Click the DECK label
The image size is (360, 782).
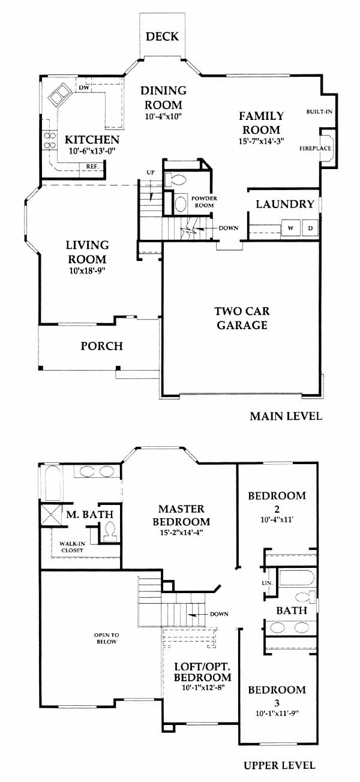tap(162, 37)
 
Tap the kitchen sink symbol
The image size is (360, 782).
tap(59, 94)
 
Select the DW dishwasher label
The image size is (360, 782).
tap(84, 88)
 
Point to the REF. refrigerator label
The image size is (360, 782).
tap(92, 167)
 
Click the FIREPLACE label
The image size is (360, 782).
tap(315, 148)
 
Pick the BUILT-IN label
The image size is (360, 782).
tap(319, 112)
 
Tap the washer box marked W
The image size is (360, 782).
tap(291, 228)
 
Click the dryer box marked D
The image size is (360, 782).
tap(310, 228)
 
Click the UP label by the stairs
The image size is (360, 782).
tap(151, 173)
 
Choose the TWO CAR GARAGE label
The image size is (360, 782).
tap(242, 318)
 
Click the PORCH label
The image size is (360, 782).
tap(101, 346)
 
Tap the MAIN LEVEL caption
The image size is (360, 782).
tap(286, 416)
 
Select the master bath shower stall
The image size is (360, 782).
tap(52, 515)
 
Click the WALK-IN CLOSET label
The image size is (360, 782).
tap(72, 547)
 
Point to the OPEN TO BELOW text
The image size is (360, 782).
tap(106, 638)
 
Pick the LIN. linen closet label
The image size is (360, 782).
tap(267, 583)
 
